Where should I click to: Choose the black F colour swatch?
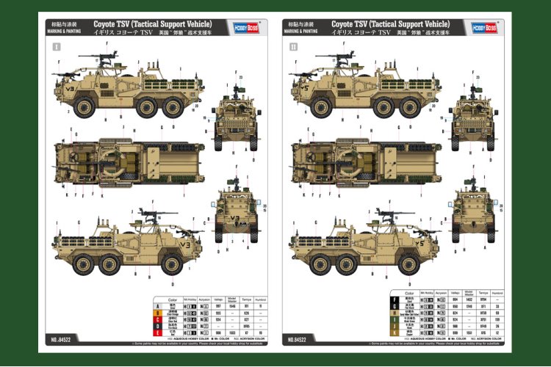point(395,299)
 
